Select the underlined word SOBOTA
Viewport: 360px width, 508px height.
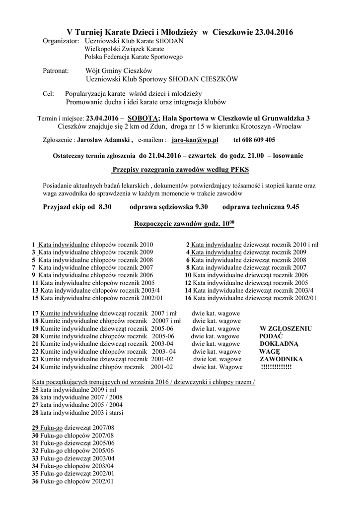pyautogui.click(x=143, y=119)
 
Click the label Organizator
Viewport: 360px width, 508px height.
pyautogui.click(x=61, y=41)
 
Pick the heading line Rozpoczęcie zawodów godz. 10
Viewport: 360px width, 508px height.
pyautogui.click(x=184, y=224)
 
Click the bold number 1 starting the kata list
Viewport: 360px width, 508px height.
pyautogui.click(x=33, y=245)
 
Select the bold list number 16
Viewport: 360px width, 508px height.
pyautogui.click(x=188, y=298)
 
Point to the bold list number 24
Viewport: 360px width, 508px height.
pyautogui.click(x=35, y=368)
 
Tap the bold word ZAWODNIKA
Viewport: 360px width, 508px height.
pyautogui.click(x=281, y=359)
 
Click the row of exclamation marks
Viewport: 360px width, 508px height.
pyautogui.click(x=276, y=367)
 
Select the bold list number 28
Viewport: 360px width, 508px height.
pyautogui.click(x=35, y=412)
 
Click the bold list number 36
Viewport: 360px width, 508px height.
pyautogui.click(x=35, y=481)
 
